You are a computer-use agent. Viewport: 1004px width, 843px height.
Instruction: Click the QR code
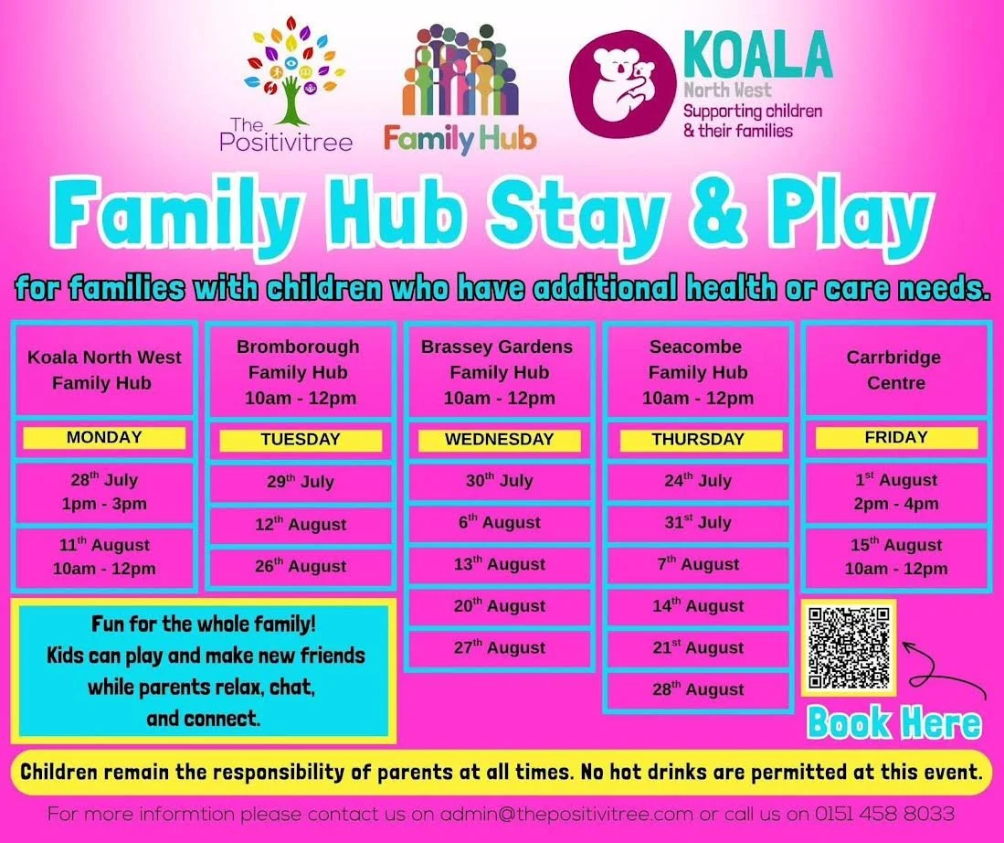pyautogui.click(x=849, y=647)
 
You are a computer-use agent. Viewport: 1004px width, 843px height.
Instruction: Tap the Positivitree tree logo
pyautogui.click(x=294, y=69)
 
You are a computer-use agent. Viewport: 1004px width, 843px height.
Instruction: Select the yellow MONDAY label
pyautogui.click(x=104, y=438)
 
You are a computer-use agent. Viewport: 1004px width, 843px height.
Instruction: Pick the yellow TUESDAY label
pyautogui.click(x=301, y=440)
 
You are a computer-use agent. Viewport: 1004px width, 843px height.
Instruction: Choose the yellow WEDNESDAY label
pyautogui.click(x=500, y=440)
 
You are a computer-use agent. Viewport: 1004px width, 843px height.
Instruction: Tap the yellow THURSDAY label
pyautogui.click(x=698, y=440)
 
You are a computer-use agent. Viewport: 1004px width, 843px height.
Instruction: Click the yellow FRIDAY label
pyautogui.click(x=896, y=438)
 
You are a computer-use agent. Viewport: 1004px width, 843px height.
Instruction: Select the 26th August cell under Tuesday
pyautogui.click(x=301, y=568)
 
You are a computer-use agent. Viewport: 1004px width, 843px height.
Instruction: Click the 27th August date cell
pyautogui.click(x=500, y=648)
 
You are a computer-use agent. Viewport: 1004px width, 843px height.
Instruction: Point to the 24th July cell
pyautogui.click(x=698, y=481)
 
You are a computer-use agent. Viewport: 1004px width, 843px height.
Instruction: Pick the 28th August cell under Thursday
pyautogui.click(x=698, y=689)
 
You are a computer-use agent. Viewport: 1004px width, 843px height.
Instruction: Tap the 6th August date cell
pyautogui.click(x=500, y=522)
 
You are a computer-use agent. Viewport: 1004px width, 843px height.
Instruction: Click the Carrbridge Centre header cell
pyautogui.click(x=895, y=370)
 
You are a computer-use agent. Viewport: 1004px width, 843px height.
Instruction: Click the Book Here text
pyautogui.click(x=893, y=722)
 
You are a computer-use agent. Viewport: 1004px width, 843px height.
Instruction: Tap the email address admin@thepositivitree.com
pyautogui.click(x=566, y=814)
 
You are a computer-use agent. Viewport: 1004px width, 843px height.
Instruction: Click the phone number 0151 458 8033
pyautogui.click(x=884, y=814)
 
